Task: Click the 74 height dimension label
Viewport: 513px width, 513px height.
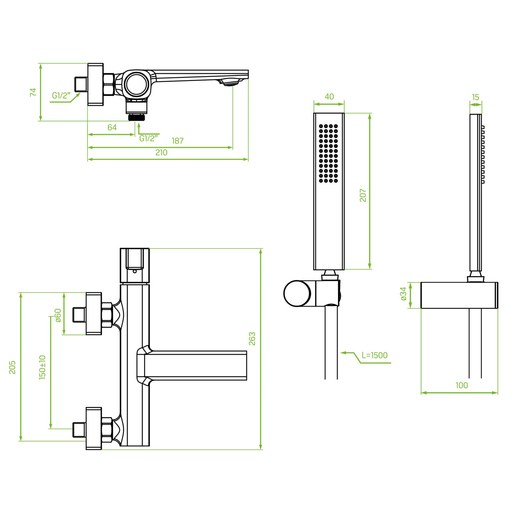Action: coord(33,92)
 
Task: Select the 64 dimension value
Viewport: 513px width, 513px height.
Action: coord(112,128)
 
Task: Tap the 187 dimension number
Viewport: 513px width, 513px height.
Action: coord(178,141)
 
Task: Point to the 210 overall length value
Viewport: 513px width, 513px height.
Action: coord(161,152)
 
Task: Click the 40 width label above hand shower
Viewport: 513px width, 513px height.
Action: coord(329,97)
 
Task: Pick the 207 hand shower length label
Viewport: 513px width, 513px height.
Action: coord(363,195)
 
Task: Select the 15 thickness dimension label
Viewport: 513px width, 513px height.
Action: coord(476,97)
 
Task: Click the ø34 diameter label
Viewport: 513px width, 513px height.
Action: coord(403,294)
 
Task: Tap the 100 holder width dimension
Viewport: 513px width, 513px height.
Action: coord(461,385)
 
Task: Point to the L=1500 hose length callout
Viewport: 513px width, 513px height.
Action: coord(374,355)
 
